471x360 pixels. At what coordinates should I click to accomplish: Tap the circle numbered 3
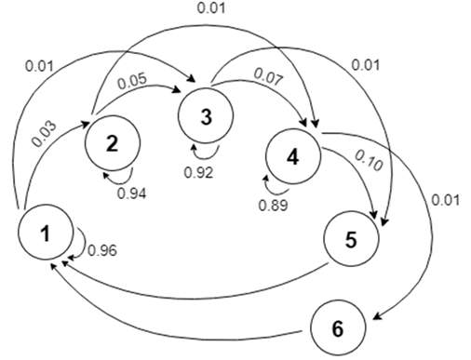pos(206,117)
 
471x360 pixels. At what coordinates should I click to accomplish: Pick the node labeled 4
pos(292,155)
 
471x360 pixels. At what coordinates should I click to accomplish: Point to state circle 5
pos(351,237)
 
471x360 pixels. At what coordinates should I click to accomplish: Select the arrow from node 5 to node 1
pos(186,297)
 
